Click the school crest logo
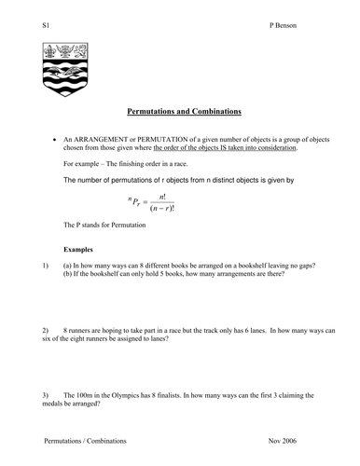(x=70, y=70)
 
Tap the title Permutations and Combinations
(x=184, y=112)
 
